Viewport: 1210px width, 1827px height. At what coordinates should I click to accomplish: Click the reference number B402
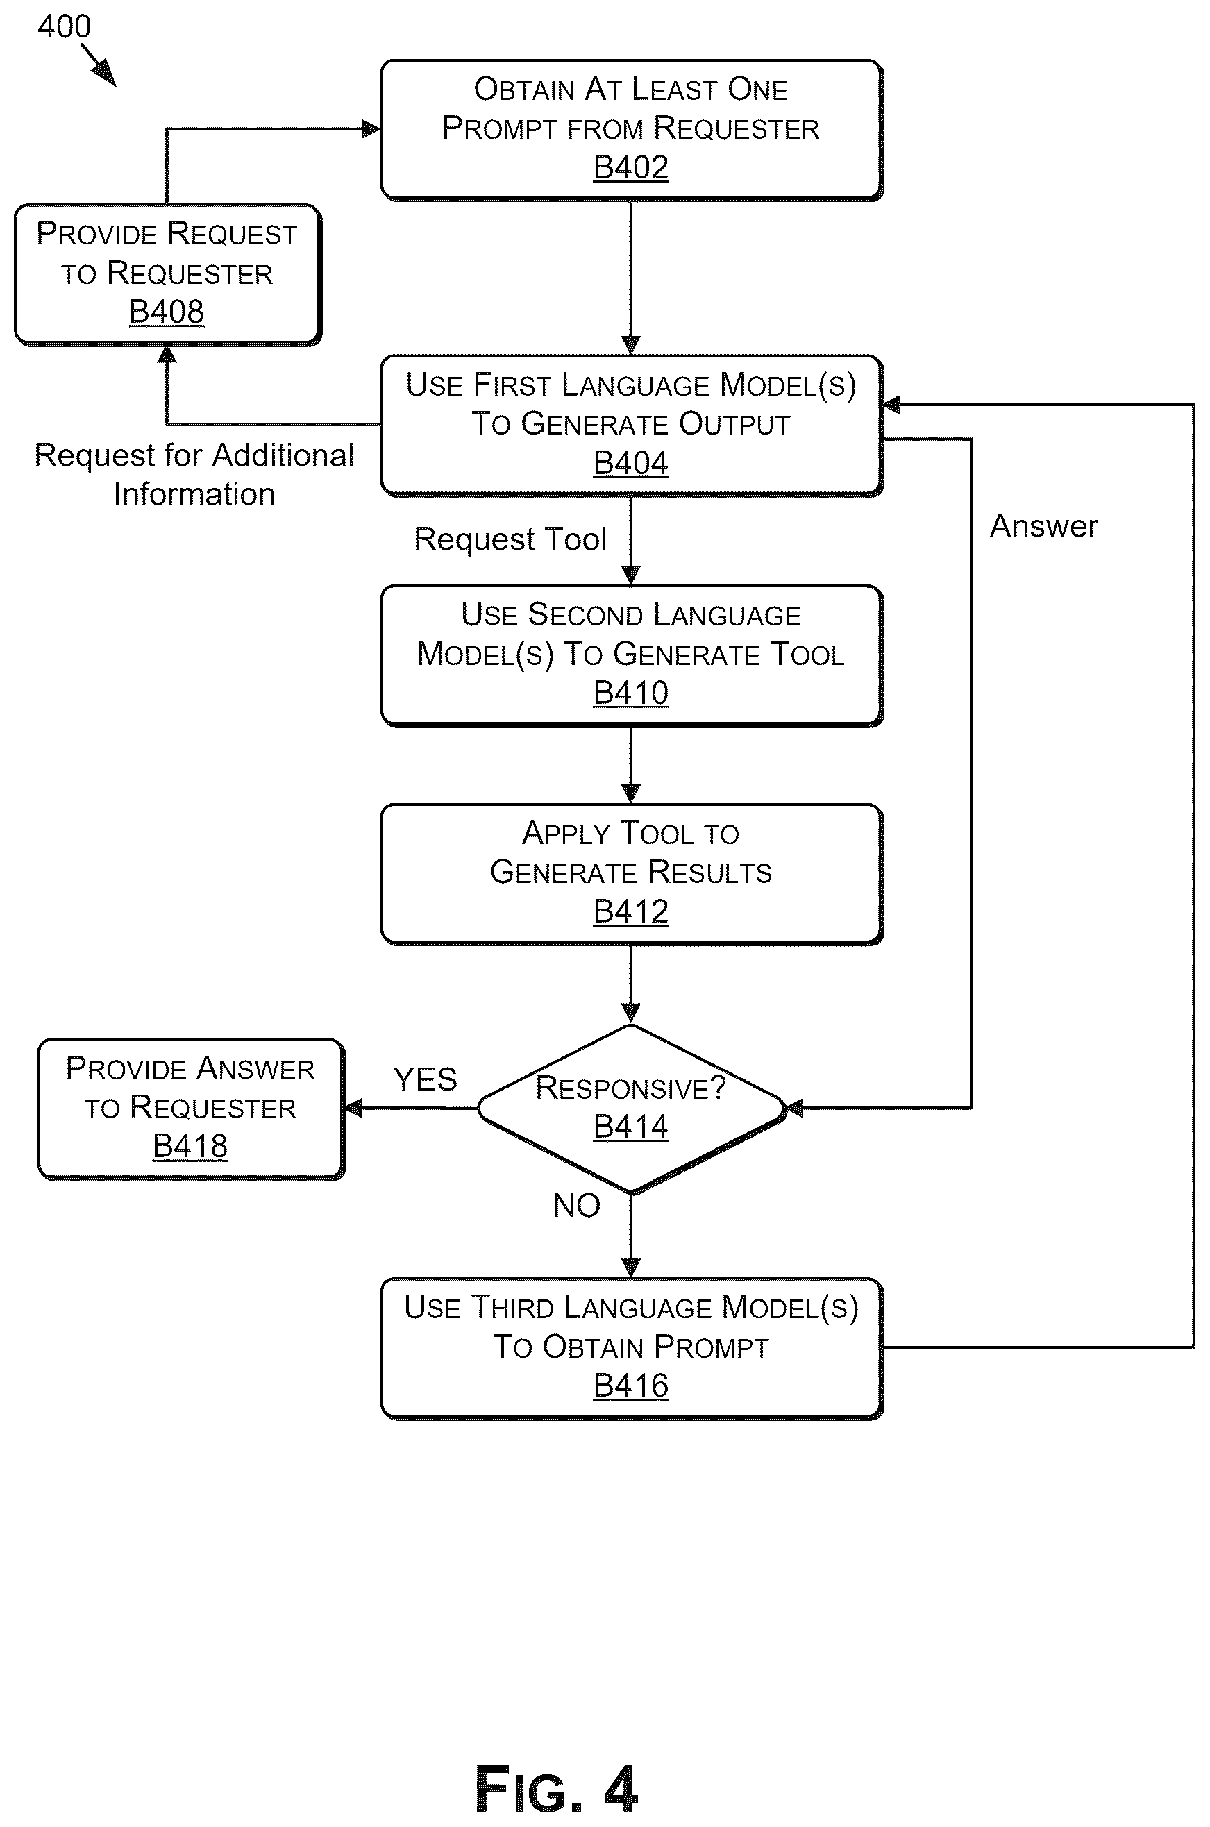coord(630,167)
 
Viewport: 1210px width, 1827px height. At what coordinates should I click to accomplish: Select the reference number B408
coord(167,312)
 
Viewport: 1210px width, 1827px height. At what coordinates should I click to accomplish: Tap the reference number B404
coord(630,463)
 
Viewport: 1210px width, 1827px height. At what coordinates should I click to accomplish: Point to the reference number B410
coord(630,693)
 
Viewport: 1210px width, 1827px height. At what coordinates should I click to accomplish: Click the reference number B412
coord(630,911)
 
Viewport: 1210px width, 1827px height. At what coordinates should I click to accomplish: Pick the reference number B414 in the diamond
coord(630,1127)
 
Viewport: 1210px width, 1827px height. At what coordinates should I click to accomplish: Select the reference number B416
coord(630,1386)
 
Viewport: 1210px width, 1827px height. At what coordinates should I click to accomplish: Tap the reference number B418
coord(190,1147)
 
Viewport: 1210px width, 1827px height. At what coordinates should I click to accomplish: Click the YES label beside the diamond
coord(425,1079)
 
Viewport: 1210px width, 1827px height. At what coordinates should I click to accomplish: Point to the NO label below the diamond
coord(576,1205)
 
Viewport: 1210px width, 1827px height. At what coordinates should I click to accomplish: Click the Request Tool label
coord(510,539)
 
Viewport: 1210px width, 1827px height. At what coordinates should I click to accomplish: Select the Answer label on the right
coord(1043,526)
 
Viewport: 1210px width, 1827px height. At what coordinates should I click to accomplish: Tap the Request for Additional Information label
coord(194,475)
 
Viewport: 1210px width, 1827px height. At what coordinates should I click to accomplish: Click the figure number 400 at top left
coord(65,27)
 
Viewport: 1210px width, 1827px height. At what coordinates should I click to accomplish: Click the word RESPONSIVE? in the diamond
coord(630,1088)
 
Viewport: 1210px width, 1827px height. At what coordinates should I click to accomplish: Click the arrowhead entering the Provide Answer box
coord(353,1109)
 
